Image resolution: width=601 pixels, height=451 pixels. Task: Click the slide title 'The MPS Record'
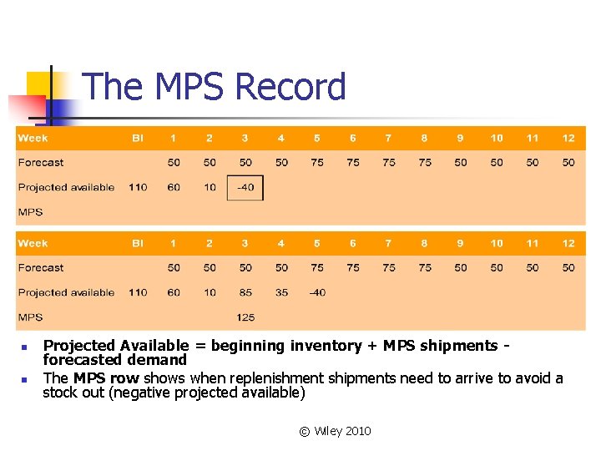click(x=215, y=87)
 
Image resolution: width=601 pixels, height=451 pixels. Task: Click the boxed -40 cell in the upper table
click(x=245, y=188)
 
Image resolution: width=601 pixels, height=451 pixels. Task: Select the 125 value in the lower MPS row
click(x=245, y=317)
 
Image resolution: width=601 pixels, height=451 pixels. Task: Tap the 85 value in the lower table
click(x=245, y=292)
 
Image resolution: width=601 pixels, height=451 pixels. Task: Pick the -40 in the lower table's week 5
click(x=317, y=292)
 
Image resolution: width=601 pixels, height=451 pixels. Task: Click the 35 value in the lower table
click(x=281, y=292)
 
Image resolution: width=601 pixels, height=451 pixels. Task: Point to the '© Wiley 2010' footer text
click(x=335, y=431)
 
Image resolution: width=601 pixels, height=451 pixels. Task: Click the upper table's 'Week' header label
click(x=33, y=138)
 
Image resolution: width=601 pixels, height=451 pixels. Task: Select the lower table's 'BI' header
click(x=138, y=243)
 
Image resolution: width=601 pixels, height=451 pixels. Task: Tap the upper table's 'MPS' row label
click(x=30, y=212)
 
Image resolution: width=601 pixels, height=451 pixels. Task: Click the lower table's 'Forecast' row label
click(x=41, y=268)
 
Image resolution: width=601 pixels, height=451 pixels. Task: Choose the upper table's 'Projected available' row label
click(x=66, y=188)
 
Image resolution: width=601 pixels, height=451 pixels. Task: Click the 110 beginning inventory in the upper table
click(x=138, y=188)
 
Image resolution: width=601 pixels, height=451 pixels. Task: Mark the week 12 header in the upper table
click(x=568, y=138)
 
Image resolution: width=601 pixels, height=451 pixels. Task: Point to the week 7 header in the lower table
click(x=389, y=243)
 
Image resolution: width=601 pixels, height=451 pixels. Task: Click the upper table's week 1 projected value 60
click(x=174, y=188)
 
